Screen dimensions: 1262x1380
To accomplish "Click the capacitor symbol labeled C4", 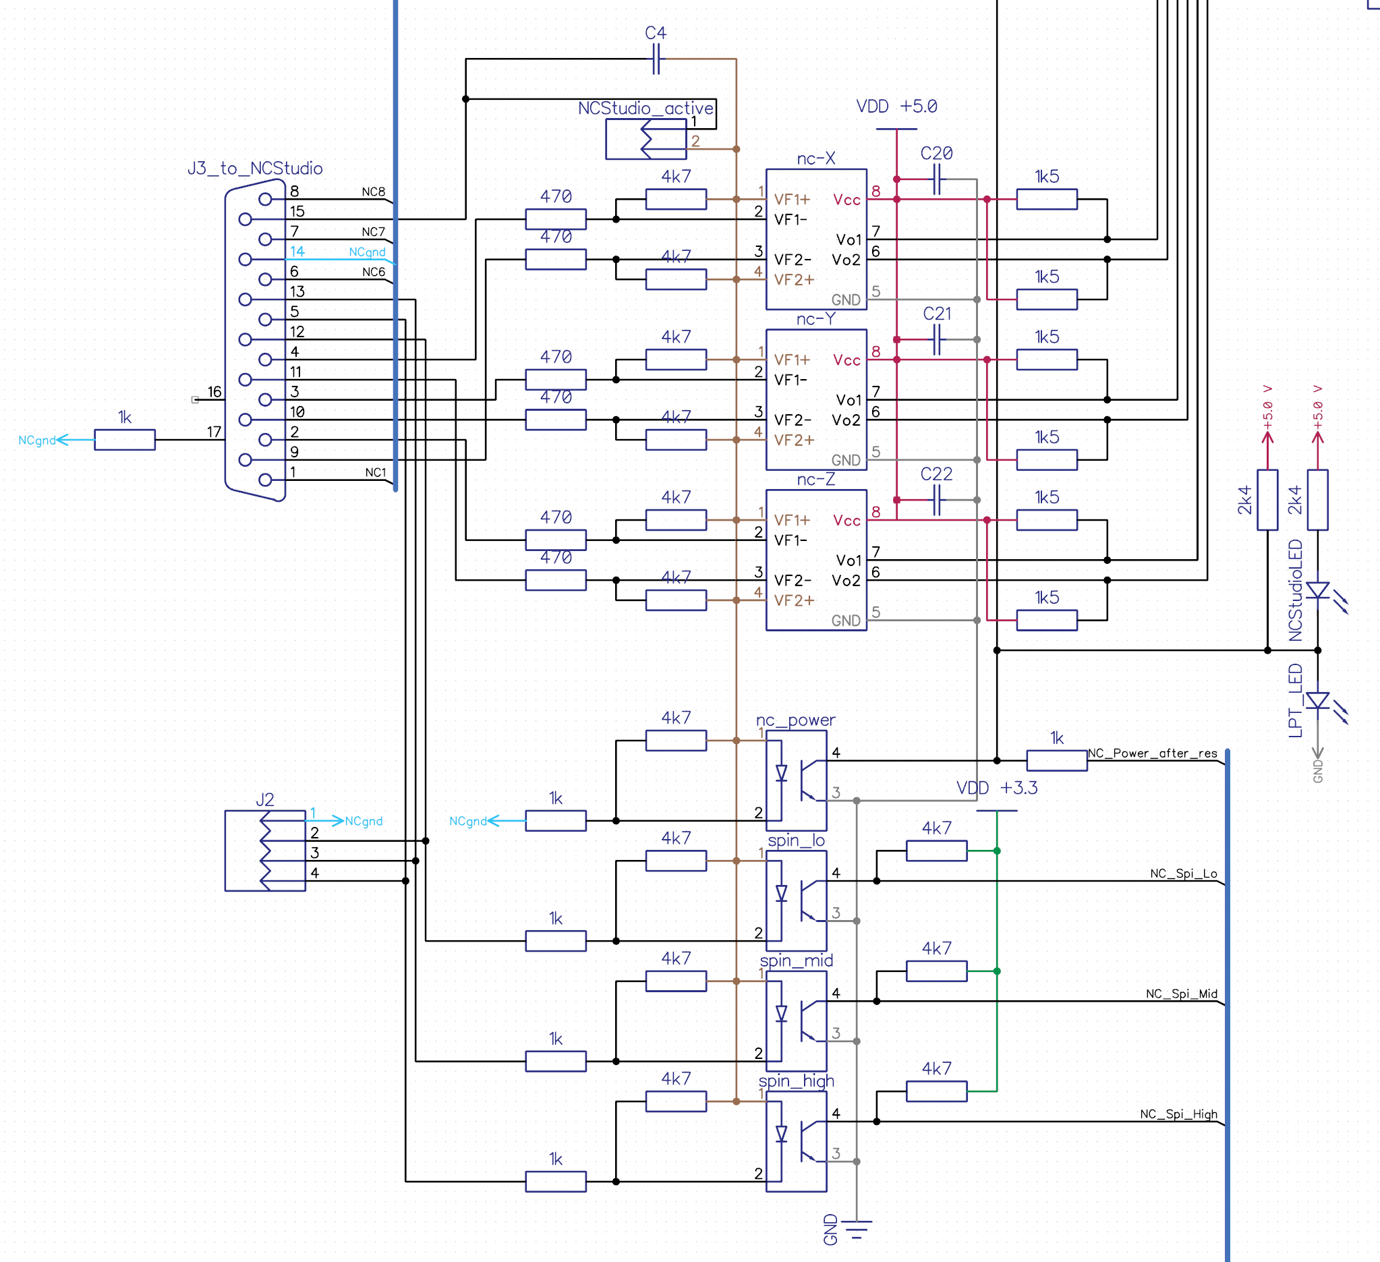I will click(656, 59).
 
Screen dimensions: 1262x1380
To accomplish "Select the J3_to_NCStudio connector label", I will click(255, 169).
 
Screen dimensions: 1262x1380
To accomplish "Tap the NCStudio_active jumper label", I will click(645, 108).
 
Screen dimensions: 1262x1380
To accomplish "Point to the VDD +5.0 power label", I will click(896, 107).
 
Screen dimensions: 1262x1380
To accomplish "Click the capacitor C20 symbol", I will click(937, 180).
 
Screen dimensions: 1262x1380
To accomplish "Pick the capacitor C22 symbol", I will click(937, 500).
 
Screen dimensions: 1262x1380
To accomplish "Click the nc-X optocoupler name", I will click(816, 159).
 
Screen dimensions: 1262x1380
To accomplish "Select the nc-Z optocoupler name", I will click(816, 480).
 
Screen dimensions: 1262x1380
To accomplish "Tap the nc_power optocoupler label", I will click(795, 720).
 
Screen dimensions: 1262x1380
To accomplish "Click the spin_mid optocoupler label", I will click(796, 961).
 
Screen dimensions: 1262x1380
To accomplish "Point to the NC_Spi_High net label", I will click(1178, 1114).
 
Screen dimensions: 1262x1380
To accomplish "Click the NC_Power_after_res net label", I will click(1153, 753).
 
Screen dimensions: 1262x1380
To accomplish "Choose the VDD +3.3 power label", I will click(997, 788).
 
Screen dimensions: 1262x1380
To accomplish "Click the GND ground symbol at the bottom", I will click(857, 1229).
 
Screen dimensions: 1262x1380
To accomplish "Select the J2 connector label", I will click(265, 799).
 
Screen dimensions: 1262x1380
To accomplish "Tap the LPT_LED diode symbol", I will click(1318, 701).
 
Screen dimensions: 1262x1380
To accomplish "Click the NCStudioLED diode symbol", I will click(1318, 590).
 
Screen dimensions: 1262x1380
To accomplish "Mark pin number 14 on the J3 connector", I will click(297, 251).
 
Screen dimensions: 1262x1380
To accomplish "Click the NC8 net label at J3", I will click(374, 192).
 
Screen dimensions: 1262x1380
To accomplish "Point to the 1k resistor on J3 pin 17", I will click(125, 439).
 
